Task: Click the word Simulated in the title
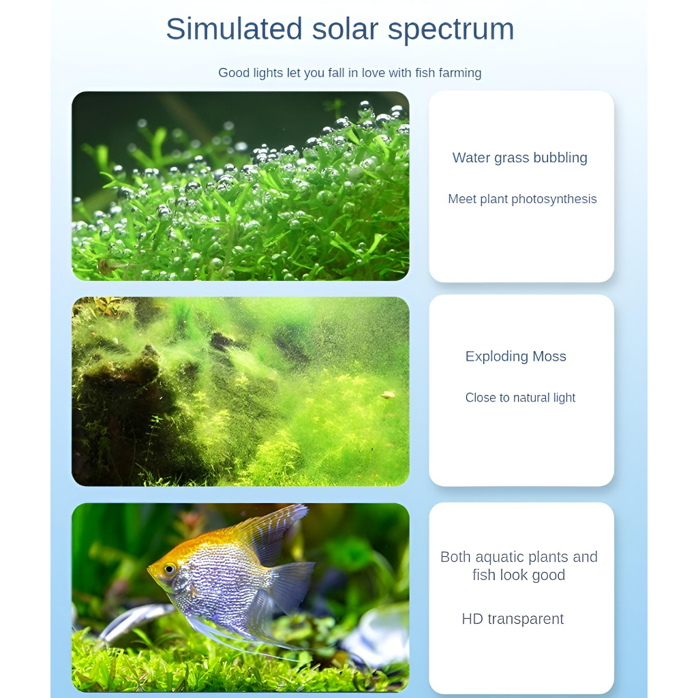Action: (234, 29)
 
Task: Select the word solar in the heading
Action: (345, 29)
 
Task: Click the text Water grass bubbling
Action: (520, 158)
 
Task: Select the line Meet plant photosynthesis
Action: (522, 199)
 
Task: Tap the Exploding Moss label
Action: (515, 356)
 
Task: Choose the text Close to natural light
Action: (520, 397)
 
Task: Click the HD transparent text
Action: (513, 619)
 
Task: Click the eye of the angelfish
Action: (170, 568)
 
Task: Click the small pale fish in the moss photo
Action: (388, 395)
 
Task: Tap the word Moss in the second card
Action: (549, 356)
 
